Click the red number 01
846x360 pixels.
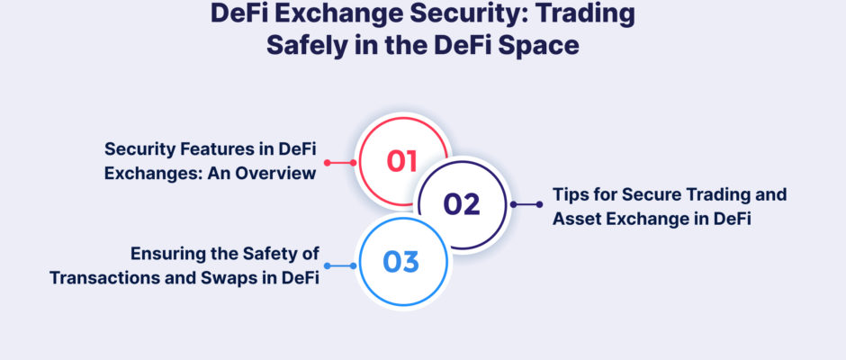(x=402, y=161)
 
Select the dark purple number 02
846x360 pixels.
(x=462, y=204)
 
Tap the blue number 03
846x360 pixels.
(x=400, y=262)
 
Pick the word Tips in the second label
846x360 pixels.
(x=569, y=194)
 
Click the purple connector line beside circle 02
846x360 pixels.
(x=526, y=204)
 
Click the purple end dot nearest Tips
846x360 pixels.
(x=539, y=204)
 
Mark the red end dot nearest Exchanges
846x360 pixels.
(x=327, y=163)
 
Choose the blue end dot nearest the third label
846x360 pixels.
(x=327, y=265)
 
